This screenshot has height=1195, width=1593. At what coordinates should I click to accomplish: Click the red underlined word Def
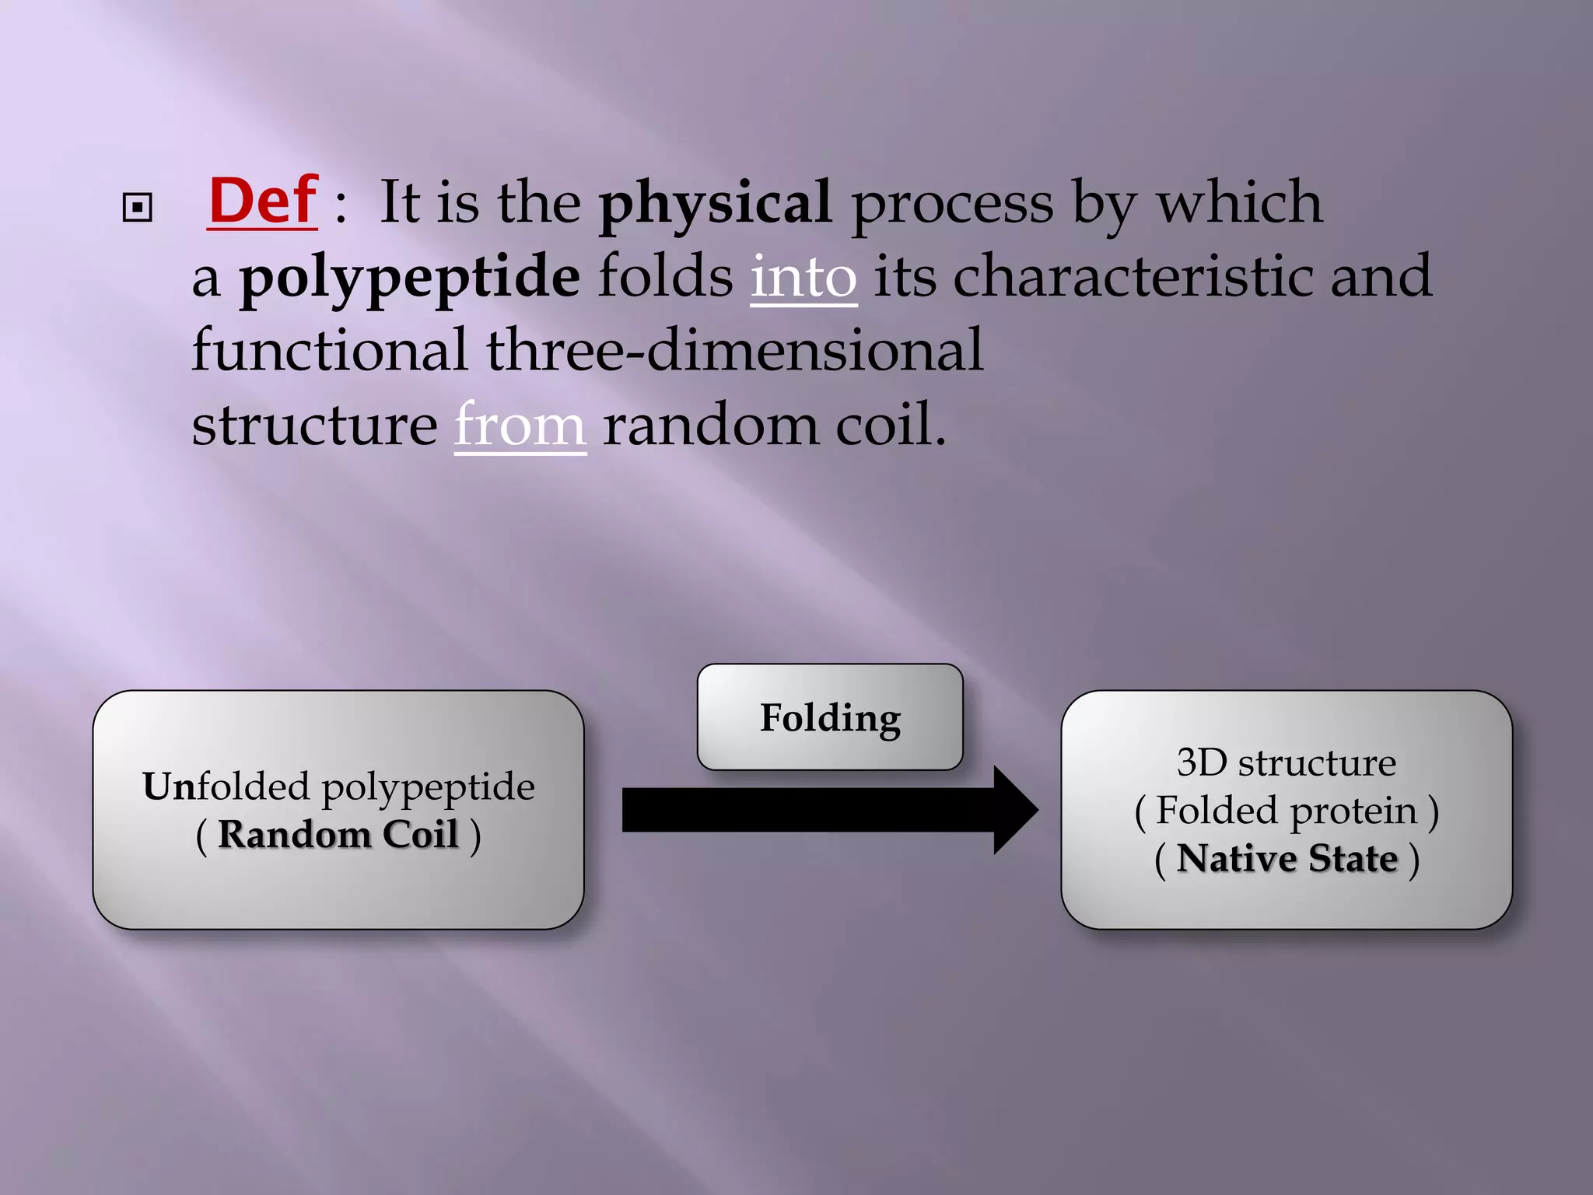point(263,202)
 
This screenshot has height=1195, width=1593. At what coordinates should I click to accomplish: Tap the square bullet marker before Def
point(138,208)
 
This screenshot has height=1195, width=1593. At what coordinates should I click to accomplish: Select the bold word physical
point(715,204)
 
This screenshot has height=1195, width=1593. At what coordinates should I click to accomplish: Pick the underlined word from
point(520,426)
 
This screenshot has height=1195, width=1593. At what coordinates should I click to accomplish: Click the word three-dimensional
point(735,351)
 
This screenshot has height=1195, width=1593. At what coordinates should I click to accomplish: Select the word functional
point(330,351)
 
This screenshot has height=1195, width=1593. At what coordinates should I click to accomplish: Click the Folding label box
point(830,717)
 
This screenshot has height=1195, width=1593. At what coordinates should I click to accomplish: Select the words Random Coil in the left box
point(338,835)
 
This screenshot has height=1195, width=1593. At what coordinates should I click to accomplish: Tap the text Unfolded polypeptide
point(338,787)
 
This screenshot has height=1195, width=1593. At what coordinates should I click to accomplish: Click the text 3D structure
point(1286,762)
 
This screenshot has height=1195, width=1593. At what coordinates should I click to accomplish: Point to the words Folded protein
point(1286,811)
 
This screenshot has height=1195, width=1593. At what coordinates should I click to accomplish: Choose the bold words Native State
point(1287,859)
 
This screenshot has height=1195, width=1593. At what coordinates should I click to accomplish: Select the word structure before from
point(314,426)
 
